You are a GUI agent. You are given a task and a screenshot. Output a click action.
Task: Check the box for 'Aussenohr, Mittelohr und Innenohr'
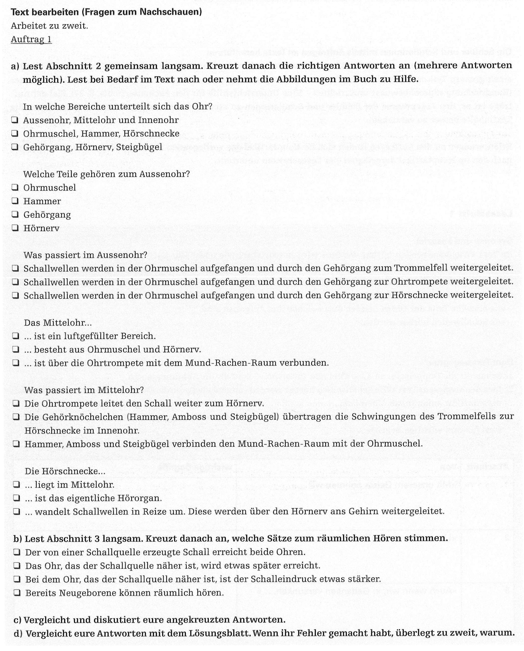tap(15, 120)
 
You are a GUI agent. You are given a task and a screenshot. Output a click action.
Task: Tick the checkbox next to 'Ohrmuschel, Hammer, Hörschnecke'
tap(15, 134)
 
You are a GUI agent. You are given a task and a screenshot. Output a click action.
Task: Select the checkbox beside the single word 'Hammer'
tap(15, 201)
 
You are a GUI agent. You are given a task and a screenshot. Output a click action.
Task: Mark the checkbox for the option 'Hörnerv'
tap(15, 228)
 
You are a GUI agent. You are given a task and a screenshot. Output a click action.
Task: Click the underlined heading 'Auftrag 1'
tap(31, 40)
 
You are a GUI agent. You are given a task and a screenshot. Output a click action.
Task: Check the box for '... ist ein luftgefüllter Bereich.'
tap(16, 336)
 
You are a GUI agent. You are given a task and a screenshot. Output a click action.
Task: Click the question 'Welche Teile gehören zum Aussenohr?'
tap(106, 174)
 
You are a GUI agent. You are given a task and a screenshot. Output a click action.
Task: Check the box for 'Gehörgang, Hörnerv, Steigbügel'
tap(15, 147)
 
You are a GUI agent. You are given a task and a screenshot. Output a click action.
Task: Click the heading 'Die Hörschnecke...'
tap(65, 471)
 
